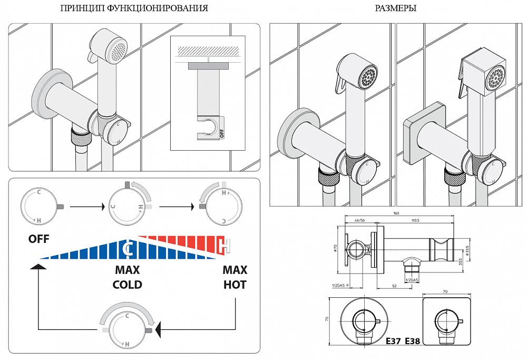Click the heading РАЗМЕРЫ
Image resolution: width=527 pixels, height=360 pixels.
[x=396, y=8]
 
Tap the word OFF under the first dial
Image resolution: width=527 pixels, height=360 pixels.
[x=39, y=239]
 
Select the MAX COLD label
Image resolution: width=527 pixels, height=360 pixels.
[x=128, y=277]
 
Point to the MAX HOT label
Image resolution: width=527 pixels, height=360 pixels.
[x=235, y=277]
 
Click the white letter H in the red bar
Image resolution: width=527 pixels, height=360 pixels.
[x=226, y=246]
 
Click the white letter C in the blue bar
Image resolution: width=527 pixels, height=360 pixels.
[x=128, y=248]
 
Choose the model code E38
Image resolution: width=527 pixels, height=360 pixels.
[x=413, y=341]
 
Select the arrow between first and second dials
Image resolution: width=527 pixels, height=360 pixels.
[x=86, y=206]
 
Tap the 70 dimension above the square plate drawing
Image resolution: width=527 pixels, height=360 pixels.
[x=445, y=290]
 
